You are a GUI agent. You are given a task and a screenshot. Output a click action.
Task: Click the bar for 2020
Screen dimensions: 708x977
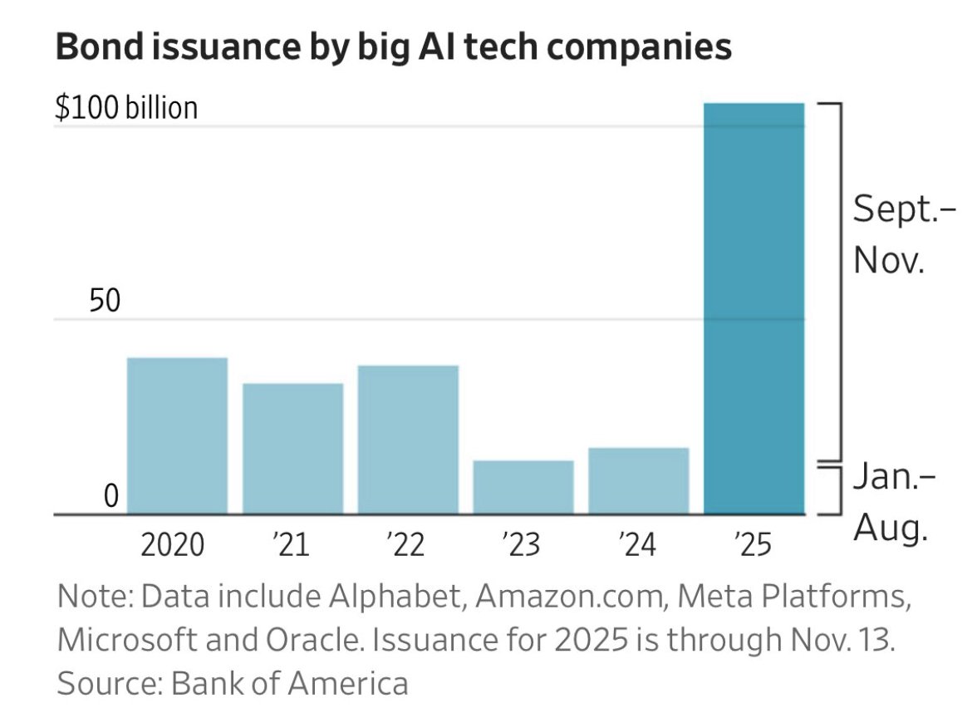[x=177, y=435]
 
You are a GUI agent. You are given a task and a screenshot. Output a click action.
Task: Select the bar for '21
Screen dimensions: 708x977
[x=292, y=449]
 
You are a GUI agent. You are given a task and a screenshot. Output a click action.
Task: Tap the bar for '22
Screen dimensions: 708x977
[x=408, y=440]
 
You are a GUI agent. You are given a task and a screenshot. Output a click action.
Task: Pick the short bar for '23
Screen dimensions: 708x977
[x=523, y=487]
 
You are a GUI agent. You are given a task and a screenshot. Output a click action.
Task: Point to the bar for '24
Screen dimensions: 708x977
[x=638, y=480]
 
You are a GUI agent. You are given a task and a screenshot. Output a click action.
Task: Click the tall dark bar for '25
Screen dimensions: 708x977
[x=754, y=307]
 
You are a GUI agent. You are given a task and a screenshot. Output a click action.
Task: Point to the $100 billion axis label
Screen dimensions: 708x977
[x=126, y=108]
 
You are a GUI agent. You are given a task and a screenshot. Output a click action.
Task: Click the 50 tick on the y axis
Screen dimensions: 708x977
[x=106, y=301]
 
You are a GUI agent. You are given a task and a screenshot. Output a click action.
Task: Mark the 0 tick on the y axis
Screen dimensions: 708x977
[x=111, y=496]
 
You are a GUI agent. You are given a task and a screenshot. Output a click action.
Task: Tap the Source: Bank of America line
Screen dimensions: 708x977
[x=233, y=683]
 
